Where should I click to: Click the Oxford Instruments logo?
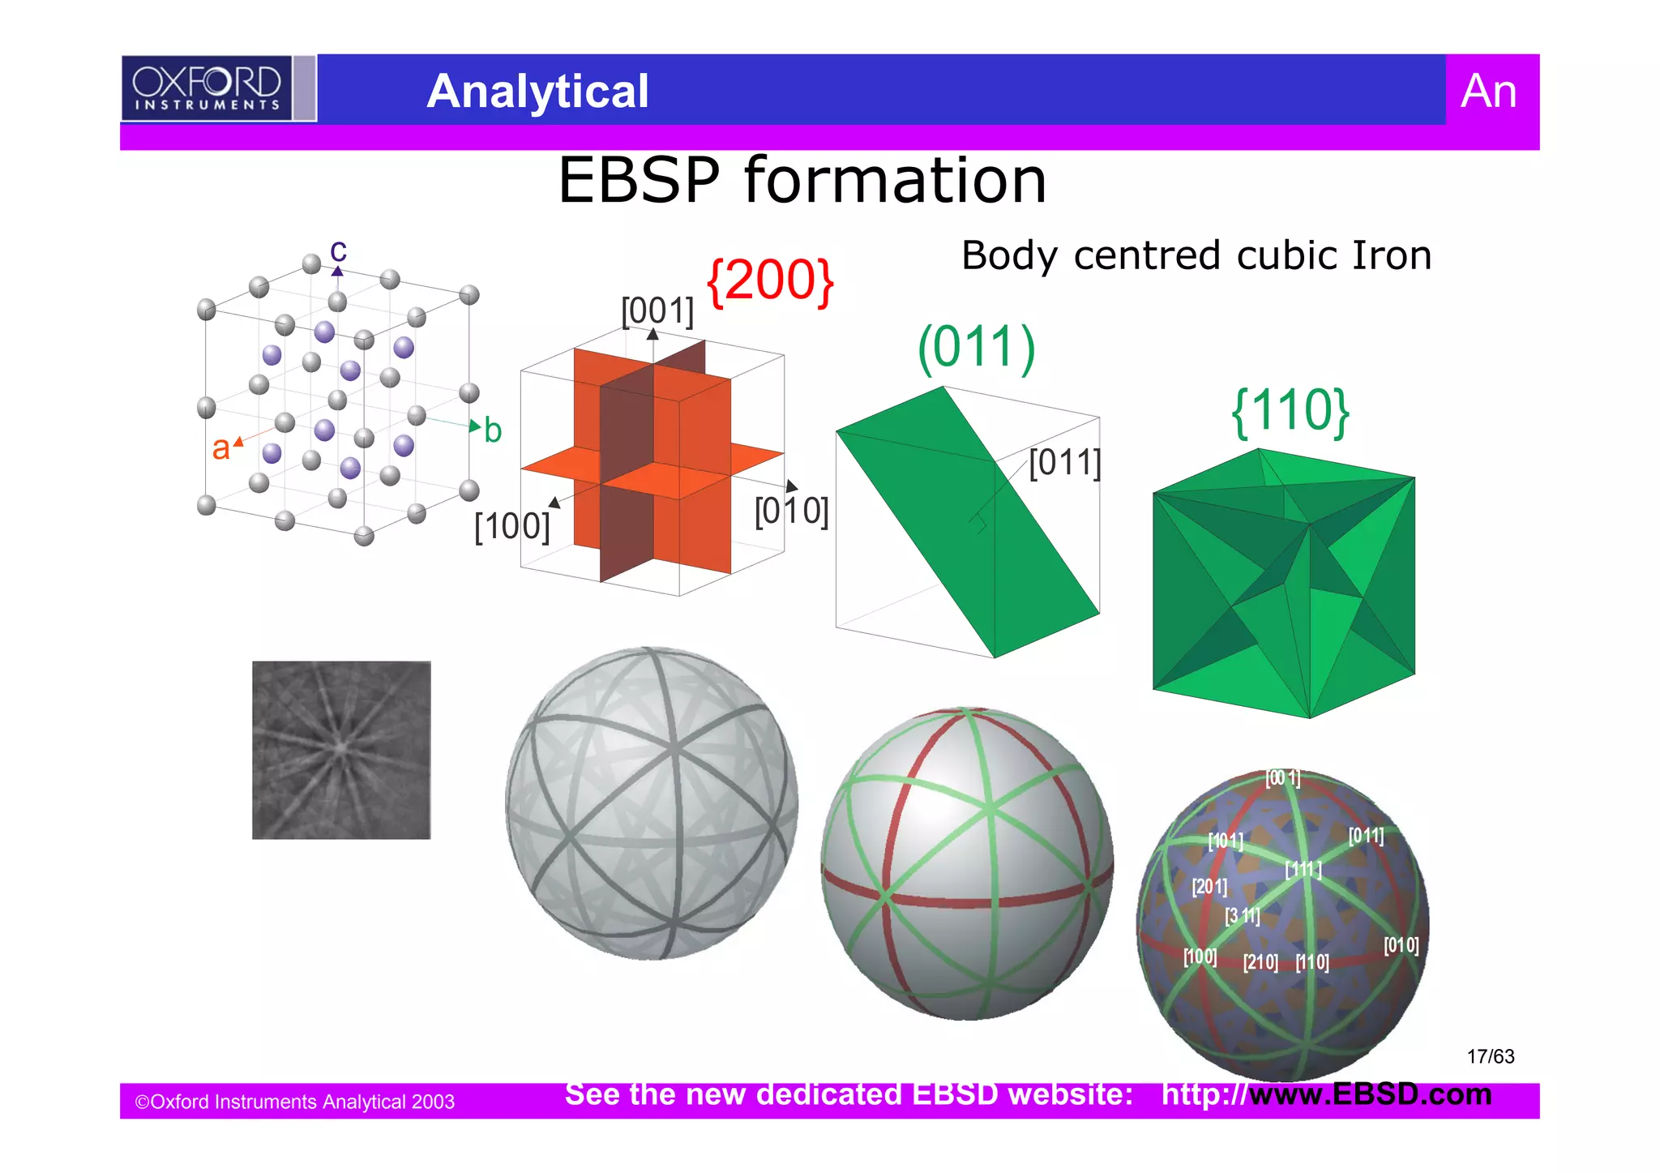point(207,88)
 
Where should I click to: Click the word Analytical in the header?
point(537,91)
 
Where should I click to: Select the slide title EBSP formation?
point(802,180)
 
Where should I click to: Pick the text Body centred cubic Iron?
point(1196,255)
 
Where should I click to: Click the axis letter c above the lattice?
point(338,250)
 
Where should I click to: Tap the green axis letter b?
point(493,430)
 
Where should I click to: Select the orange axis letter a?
point(220,447)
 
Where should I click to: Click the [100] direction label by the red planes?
point(512,526)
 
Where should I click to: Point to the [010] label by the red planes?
point(791,512)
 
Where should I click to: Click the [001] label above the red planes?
point(657,310)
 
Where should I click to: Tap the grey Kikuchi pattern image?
point(341,750)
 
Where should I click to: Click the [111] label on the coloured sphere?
point(1303,870)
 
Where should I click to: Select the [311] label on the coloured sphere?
point(1243,916)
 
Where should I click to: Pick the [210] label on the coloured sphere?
point(1260,962)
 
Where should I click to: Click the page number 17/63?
point(1490,1056)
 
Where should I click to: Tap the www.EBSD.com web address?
point(1370,1094)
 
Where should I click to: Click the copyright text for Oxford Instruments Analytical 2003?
point(295,1102)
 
